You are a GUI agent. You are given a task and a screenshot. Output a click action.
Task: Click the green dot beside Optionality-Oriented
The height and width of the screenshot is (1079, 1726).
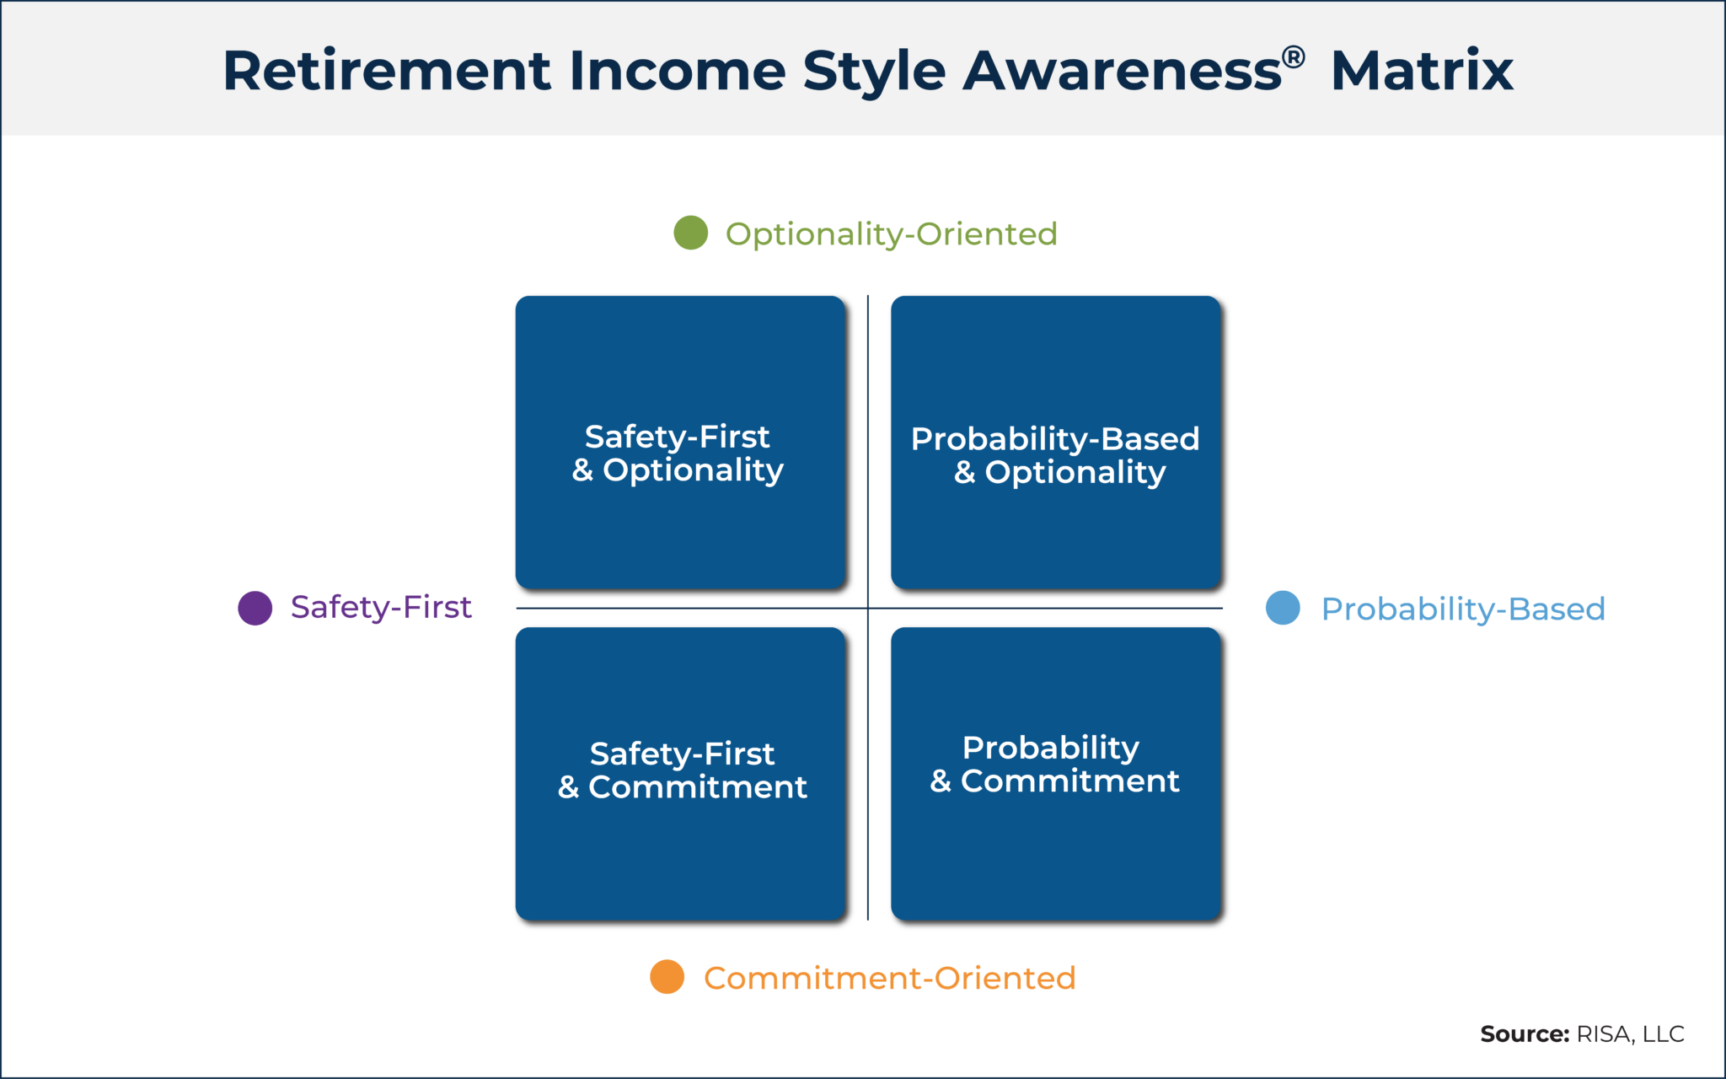tap(690, 233)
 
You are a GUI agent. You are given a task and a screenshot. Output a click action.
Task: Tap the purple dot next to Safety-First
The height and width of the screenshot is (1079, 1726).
tap(255, 608)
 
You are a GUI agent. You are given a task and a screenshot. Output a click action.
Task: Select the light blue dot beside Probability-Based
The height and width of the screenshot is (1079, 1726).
tap(1283, 608)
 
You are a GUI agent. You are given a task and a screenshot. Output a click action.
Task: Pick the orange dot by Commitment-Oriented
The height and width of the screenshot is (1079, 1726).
tap(667, 977)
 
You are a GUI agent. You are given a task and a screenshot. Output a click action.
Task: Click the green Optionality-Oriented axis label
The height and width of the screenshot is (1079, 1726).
tap(891, 234)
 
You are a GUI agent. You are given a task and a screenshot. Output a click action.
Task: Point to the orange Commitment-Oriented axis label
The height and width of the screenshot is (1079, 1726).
tap(889, 978)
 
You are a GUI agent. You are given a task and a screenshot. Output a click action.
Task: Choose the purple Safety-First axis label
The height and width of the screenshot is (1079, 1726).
tap(381, 607)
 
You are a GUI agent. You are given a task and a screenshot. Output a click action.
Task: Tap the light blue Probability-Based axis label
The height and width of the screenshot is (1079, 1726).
tap(1463, 609)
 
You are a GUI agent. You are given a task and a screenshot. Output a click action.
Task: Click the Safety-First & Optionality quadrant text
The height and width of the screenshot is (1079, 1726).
tap(678, 453)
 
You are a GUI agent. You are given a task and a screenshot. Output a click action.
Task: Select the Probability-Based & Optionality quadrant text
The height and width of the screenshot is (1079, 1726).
tap(1055, 455)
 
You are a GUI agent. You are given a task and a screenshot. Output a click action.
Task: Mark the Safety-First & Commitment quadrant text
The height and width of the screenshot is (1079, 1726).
tap(682, 770)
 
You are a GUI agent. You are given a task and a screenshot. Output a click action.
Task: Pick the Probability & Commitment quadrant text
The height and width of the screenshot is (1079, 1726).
tap(1053, 764)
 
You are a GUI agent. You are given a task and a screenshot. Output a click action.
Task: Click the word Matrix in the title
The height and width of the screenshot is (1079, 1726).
tap(1422, 70)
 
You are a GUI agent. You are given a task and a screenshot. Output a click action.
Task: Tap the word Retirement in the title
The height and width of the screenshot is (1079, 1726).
tap(387, 70)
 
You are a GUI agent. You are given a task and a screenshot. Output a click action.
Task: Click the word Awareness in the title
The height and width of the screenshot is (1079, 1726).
tap(1123, 70)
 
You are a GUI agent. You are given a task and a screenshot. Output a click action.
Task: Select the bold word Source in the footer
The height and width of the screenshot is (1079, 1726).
tap(1524, 1034)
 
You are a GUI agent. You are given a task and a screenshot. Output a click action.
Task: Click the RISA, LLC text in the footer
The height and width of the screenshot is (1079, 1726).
tap(1630, 1034)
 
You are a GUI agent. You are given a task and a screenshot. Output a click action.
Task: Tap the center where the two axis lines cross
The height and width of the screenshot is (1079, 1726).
tap(868, 608)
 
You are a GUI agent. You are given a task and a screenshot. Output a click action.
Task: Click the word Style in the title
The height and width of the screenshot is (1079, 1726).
tap(874, 72)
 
